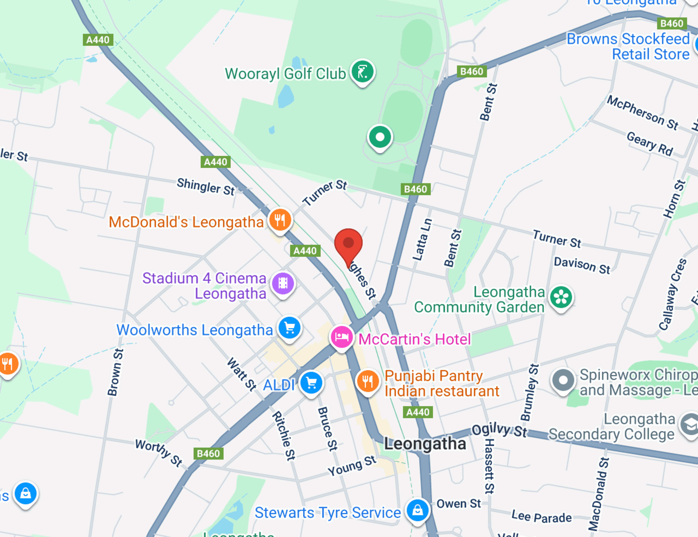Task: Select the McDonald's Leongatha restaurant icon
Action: pyautogui.click(x=280, y=220)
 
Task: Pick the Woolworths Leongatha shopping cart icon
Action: pyautogui.click(x=290, y=328)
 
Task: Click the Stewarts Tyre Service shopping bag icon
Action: pyautogui.click(x=417, y=510)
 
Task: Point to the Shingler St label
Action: pyautogui.click(x=206, y=187)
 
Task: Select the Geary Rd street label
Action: pyautogui.click(x=650, y=144)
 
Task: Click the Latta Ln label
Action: pyautogui.click(x=422, y=239)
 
